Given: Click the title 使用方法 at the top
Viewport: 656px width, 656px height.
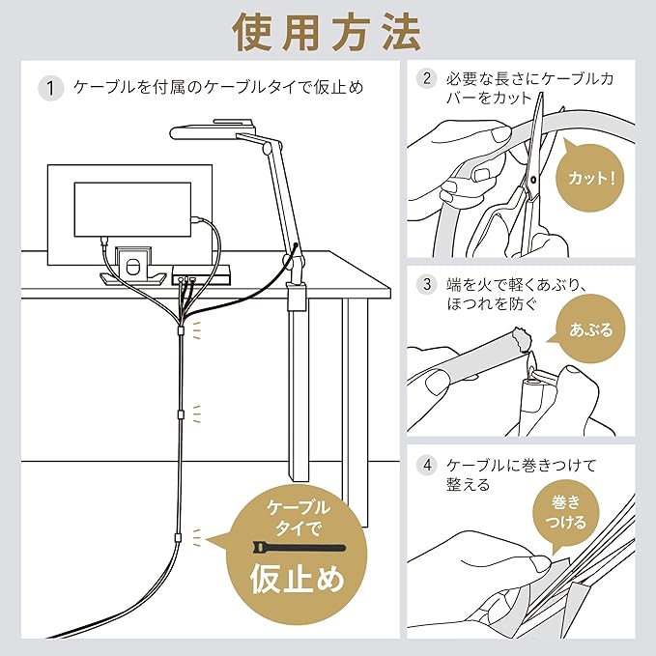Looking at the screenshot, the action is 328,33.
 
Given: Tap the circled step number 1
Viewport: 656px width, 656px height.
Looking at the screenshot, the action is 50,88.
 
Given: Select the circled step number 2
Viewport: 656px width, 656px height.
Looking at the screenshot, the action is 427,78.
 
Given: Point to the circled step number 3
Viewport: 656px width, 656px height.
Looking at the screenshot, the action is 427,284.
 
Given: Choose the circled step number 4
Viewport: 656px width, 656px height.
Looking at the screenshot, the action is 427,465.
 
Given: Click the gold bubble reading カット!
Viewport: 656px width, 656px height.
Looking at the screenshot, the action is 591,178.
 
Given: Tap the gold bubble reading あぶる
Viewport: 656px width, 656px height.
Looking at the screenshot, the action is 590,330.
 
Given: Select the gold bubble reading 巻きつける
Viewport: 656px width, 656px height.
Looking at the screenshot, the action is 566,513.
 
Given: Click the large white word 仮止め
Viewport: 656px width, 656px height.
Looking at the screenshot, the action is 298,579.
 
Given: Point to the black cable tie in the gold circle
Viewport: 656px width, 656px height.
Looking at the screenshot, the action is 299,548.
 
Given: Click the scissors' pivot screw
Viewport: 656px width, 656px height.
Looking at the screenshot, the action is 532,180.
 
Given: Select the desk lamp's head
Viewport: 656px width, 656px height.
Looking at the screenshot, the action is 214,131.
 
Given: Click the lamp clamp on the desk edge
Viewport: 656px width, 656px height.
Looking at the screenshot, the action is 297,297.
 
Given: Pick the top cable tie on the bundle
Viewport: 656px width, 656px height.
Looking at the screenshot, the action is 181,330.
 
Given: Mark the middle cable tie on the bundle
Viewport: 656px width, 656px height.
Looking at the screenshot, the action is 181,414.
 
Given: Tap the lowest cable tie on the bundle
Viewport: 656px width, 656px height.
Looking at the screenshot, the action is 178,537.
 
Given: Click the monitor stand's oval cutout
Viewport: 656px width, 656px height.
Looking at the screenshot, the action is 131,268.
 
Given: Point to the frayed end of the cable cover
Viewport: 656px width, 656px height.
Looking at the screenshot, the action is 522,337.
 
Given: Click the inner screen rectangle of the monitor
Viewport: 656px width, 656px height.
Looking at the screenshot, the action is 132,210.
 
